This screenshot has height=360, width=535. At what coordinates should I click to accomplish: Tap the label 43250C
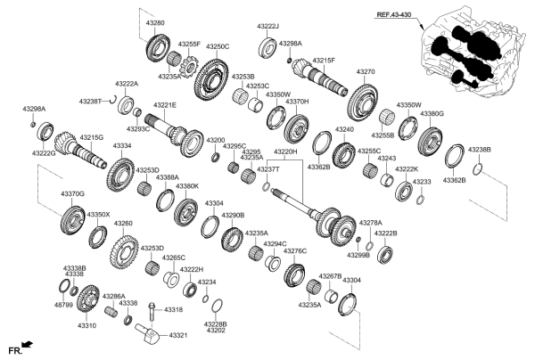(x=218, y=46)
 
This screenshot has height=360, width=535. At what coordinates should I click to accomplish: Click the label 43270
(x=366, y=71)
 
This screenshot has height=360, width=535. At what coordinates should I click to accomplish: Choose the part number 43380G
(x=432, y=114)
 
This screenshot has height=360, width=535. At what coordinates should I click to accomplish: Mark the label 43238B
(x=479, y=150)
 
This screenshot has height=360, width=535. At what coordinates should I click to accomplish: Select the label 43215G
(x=92, y=138)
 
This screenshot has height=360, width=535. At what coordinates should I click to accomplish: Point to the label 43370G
(x=72, y=193)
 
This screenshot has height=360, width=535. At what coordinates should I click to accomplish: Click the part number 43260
(x=124, y=224)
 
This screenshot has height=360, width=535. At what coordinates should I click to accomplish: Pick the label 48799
(x=64, y=305)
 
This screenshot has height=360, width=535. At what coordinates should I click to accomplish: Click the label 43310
(x=86, y=326)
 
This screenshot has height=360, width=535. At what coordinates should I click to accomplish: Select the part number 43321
(x=179, y=335)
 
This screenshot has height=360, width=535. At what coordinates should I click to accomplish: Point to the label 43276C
(x=295, y=251)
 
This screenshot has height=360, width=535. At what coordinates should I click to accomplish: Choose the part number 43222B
(x=385, y=233)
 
